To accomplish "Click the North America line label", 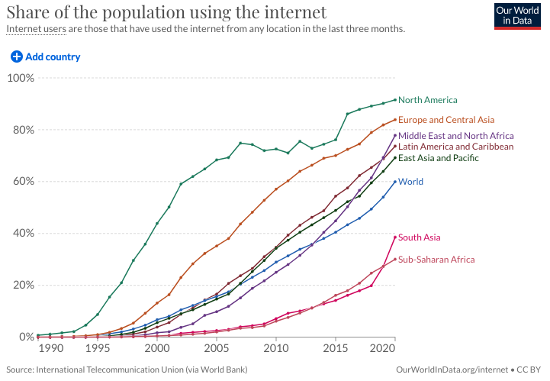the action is coord(428,100).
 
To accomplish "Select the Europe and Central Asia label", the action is coord(446,120).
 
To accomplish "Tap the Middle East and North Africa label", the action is coord(456,136).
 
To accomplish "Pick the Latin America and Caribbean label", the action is coord(455,147).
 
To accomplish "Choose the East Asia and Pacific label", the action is coord(439,158).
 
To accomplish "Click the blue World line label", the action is coord(410,182).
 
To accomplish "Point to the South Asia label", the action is coord(419,237).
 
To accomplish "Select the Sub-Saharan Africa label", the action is coord(436,260).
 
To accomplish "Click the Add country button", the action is coord(46,57).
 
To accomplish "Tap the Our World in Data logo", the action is coord(517,16).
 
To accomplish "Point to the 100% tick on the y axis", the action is coord(21,78).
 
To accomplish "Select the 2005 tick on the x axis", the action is coord(217,348).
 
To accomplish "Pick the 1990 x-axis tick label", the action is coord(51,348).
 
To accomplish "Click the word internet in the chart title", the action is coord(295,12).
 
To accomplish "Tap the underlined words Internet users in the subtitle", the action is coord(37,29).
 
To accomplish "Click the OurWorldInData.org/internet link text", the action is coord(452,370).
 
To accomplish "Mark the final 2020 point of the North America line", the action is coord(395,100).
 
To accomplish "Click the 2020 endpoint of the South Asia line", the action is coord(395,237).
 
